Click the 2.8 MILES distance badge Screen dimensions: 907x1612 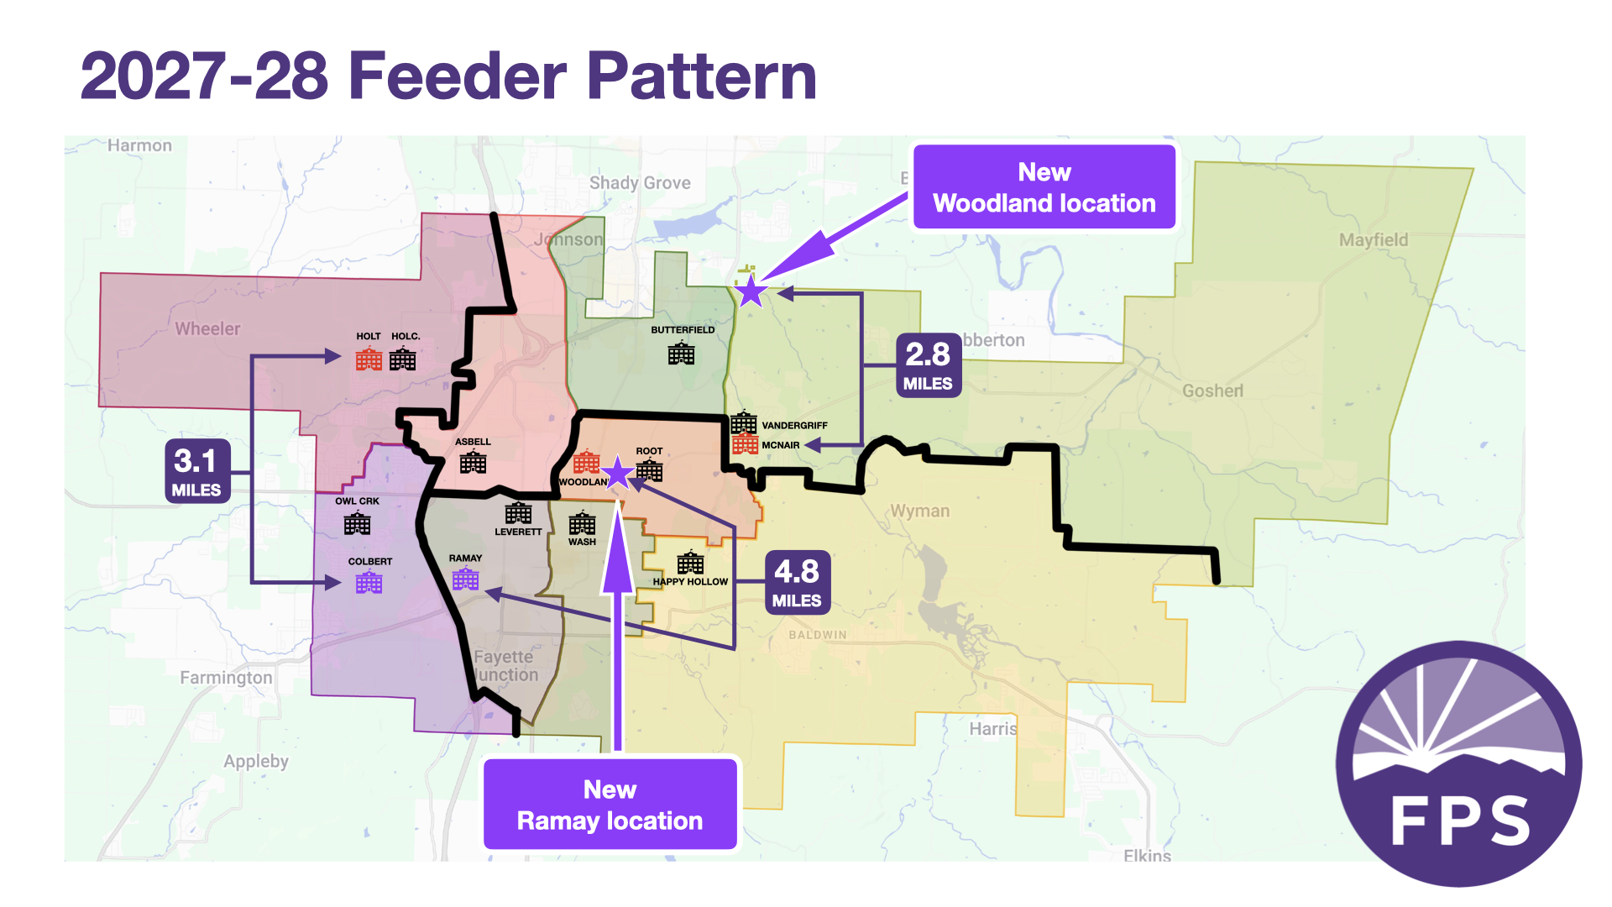pos(928,364)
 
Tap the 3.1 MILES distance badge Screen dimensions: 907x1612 pos(196,471)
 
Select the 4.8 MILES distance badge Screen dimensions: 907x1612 pos(797,582)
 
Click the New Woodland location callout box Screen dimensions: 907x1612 pos(1044,187)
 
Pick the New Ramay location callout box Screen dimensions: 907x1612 pos(610,804)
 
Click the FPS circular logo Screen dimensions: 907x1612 pos(1458,764)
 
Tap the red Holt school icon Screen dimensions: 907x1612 pos(369,359)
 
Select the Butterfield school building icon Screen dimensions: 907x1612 pos(681,354)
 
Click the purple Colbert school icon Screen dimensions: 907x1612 pos(369,582)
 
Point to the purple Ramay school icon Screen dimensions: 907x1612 pos(465,579)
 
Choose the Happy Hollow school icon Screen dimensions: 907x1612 pos(690,563)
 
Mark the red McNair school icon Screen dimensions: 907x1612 pos(745,443)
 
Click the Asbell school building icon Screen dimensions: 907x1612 pos(473,462)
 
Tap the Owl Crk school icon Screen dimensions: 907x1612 pos(357,523)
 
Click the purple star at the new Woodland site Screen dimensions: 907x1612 pos(751,292)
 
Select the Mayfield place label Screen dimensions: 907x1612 pos(1374,240)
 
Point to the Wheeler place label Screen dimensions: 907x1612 pos(207,329)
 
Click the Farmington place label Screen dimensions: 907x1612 pos(226,678)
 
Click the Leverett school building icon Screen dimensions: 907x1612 pos(518,512)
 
